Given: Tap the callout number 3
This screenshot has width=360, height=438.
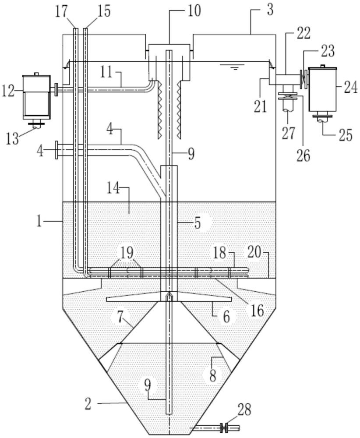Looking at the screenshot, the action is pyautogui.click(x=270, y=10).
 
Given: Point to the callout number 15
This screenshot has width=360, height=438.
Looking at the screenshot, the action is pyautogui.click(x=103, y=11).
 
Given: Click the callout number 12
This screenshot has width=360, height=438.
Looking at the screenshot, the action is pyautogui.click(x=9, y=91).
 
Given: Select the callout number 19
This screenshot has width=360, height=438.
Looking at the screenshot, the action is pyautogui.click(x=127, y=253).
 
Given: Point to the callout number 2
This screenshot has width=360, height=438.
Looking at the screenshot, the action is pyautogui.click(x=88, y=404).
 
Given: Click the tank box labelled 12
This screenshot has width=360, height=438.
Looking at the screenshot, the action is pyautogui.click(x=37, y=95).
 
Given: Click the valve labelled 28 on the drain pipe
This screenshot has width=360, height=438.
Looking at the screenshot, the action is pyautogui.click(x=225, y=427).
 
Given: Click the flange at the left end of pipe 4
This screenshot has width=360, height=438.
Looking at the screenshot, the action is pyautogui.click(x=57, y=150).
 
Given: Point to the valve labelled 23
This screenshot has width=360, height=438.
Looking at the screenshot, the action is pyautogui.click(x=304, y=79).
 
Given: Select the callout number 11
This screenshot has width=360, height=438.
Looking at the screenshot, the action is pyautogui.click(x=106, y=72).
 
